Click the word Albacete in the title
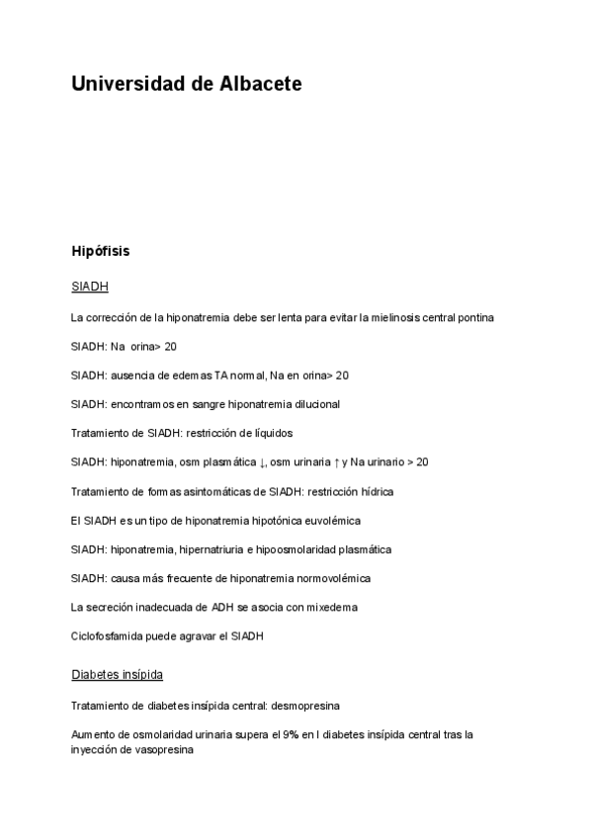(254, 85)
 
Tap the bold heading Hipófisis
(101, 251)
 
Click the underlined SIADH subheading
(89, 287)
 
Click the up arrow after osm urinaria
(335, 461)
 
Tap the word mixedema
(333, 606)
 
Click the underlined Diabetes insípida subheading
(117, 675)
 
